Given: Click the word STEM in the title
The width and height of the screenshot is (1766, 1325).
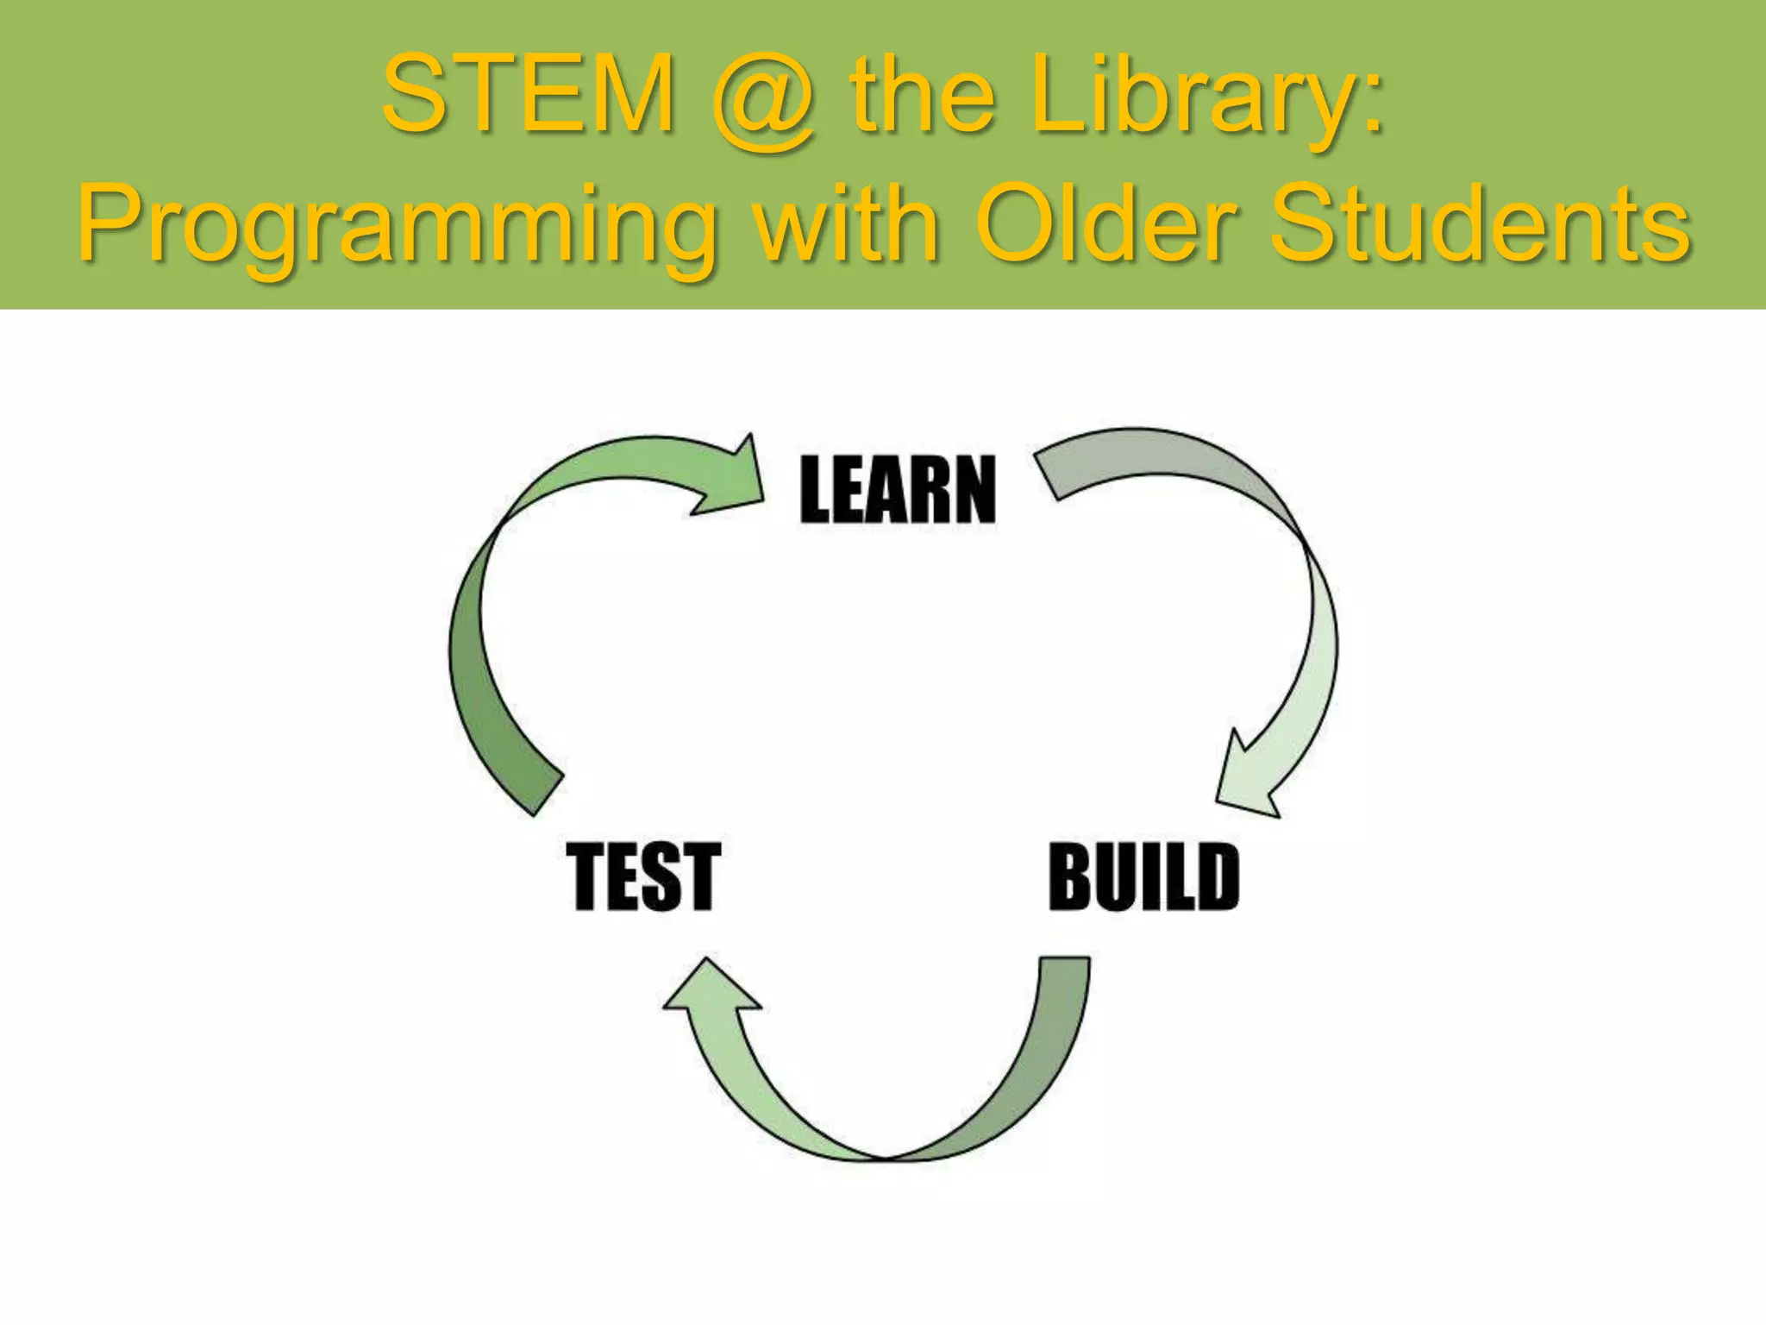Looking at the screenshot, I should tap(527, 94).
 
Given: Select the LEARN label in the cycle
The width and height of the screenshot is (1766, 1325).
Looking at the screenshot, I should tap(898, 490).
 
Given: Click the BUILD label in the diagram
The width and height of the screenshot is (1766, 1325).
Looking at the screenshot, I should tap(1143, 877).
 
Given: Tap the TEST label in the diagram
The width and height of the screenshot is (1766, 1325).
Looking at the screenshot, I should tap(643, 877).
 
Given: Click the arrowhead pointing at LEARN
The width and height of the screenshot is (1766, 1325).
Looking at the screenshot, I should tap(733, 479).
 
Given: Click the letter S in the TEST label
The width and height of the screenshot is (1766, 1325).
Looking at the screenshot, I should tap(663, 877).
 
